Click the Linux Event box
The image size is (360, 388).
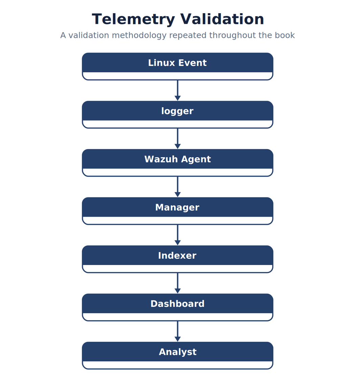pos(177,66)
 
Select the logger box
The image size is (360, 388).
pos(177,115)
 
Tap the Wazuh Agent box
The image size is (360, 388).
pos(177,163)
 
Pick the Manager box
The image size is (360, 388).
pos(177,211)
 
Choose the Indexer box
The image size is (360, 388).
pos(177,259)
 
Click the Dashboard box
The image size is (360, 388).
pos(177,307)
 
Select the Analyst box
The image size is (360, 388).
pos(177,356)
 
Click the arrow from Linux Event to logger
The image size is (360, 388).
pos(178,91)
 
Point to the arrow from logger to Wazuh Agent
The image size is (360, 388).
pos(178,139)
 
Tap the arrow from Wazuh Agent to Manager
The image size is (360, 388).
pos(178,187)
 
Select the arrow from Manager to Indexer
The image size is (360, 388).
pos(178,235)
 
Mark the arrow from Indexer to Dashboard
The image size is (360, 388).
pos(178,283)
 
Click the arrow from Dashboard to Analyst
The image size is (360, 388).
pos(178,332)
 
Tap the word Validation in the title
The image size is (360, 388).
pos(222,19)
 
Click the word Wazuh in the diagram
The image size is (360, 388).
pos(161,159)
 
